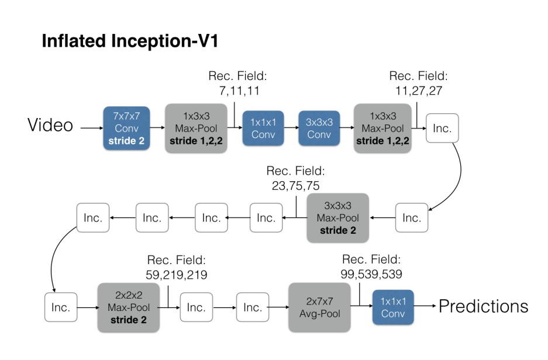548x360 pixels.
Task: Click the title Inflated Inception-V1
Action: (130, 42)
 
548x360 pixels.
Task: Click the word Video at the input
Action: (50, 125)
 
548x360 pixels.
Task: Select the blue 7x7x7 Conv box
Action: (123, 128)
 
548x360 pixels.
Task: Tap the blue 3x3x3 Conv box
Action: (319, 128)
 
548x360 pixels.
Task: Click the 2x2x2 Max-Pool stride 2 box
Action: (129, 307)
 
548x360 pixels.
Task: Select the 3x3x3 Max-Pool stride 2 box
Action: (338, 217)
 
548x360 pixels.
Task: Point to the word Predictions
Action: (483, 306)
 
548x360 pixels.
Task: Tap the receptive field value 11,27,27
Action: (418, 91)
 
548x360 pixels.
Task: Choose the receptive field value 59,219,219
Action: (176, 274)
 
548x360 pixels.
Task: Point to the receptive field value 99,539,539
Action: (371, 274)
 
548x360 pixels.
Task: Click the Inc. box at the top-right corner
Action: (442, 128)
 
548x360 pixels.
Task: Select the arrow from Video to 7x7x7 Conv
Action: (91, 127)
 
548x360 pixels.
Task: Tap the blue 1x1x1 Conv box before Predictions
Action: (393, 307)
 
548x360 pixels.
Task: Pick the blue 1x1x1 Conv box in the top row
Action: (263, 128)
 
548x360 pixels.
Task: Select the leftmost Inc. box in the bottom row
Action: (61, 307)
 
